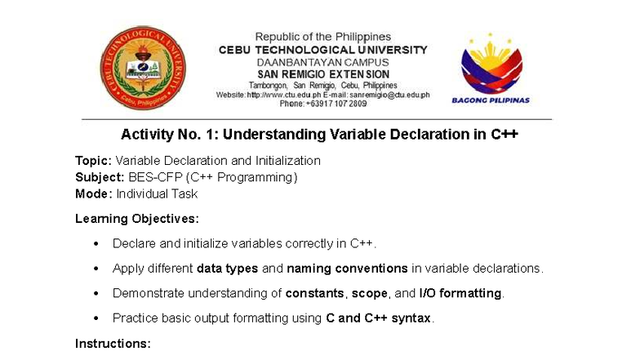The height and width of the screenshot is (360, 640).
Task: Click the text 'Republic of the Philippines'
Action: click(x=322, y=37)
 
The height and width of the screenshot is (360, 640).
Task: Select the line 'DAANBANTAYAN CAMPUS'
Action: click(x=322, y=62)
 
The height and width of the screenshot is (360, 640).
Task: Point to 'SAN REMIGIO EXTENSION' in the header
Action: click(x=322, y=74)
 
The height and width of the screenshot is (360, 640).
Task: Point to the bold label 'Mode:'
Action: click(x=93, y=194)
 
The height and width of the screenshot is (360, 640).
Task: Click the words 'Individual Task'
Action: click(x=157, y=194)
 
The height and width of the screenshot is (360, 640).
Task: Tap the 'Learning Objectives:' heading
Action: click(x=136, y=219)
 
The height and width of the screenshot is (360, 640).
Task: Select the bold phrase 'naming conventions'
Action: click(x=347, y=269)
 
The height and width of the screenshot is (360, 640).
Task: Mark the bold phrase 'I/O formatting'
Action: click(x=461, y=293)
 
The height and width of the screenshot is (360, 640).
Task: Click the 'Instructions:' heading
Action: click(x=113, y=344)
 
